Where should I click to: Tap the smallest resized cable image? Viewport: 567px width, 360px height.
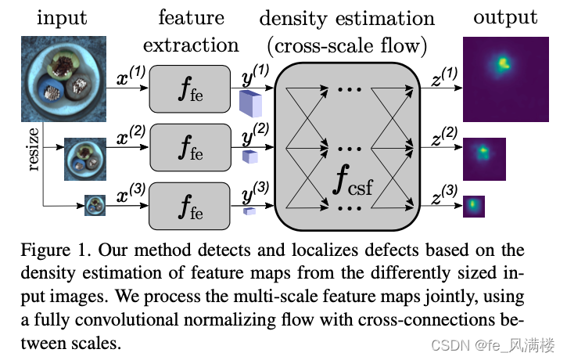tap(95, 206)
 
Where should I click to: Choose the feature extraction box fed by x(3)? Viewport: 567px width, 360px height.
tap(190, 204)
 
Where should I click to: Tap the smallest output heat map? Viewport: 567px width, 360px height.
tap(474, 206)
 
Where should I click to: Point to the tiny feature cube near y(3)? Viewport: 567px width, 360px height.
tap(249, 211)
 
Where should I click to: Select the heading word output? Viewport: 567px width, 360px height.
tap(504, 17)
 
